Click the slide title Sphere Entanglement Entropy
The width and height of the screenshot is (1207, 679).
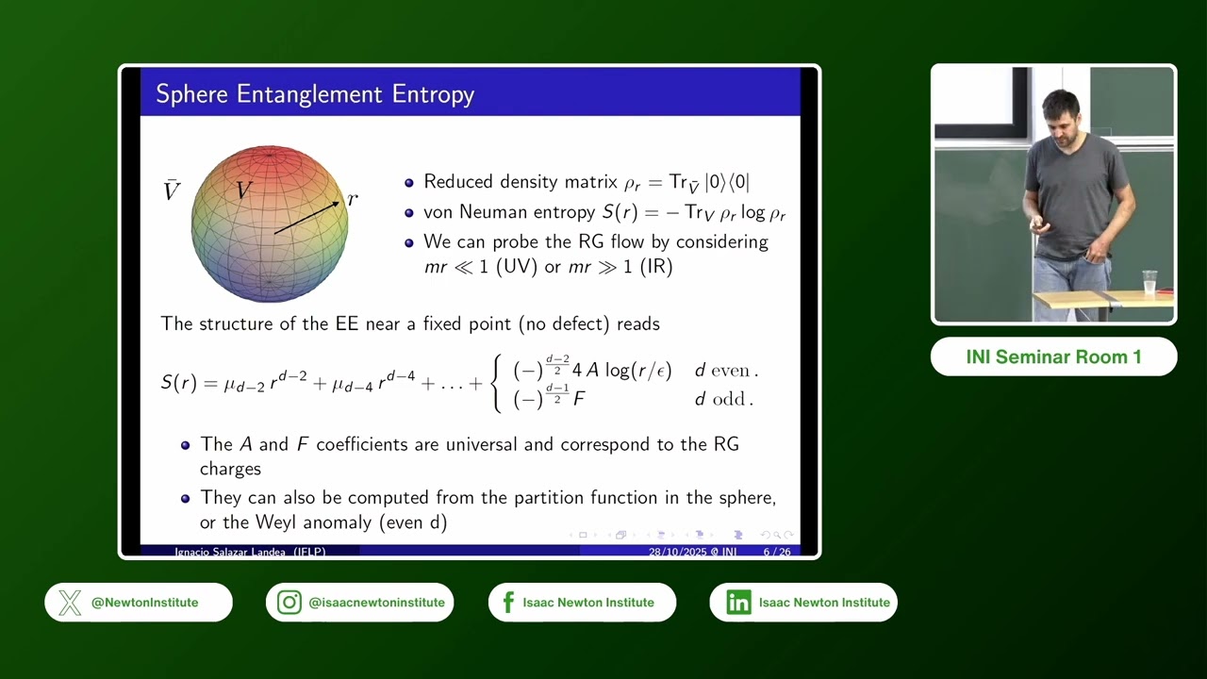point(315,94)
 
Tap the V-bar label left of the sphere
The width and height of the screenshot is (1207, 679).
point(172,191)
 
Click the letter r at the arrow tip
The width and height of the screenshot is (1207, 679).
point(353,199)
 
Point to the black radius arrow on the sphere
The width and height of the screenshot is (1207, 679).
point(306,217)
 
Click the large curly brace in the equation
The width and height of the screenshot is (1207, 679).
point(498,383)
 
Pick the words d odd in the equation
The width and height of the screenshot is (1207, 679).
point(721,399)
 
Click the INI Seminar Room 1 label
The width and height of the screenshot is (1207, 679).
point(1053,357)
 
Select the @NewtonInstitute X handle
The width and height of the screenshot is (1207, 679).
point(144,603)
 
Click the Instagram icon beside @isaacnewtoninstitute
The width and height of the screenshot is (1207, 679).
point(289,603)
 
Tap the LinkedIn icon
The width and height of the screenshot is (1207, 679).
point(738,603)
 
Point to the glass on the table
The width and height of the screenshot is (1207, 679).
point(1149,282)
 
